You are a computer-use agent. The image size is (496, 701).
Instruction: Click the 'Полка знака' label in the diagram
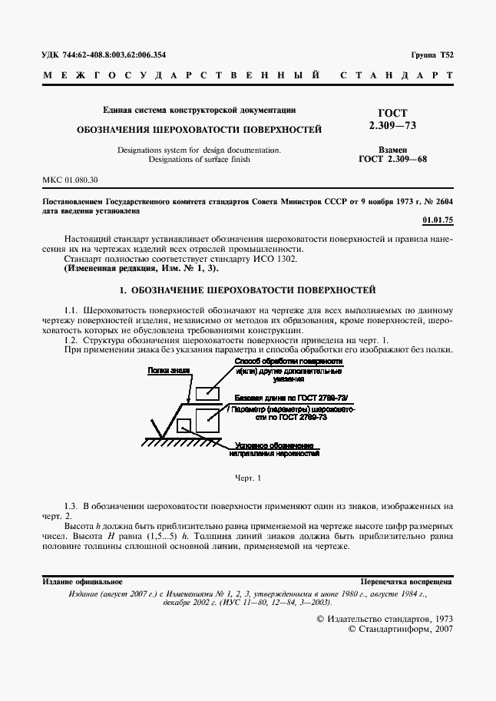click(x=170, y=371)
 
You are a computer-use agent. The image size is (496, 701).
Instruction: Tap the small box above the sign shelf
click(x=207, y=393)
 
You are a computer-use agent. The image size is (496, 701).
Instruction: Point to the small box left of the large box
click(x=184, y=425)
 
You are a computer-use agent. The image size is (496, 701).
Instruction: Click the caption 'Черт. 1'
click(x=248, y=478)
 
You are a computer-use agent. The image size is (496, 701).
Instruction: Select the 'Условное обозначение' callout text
click(x=274, y=445)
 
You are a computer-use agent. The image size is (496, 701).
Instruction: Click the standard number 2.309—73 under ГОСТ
click(x=393, y=124)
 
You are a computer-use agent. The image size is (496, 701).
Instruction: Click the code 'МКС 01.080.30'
click(x=70, y=180)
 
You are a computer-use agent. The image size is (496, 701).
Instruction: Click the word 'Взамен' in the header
click(x=392, y=150)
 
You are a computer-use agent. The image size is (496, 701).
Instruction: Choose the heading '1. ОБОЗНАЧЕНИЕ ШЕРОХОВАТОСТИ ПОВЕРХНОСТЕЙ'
click(x=248, y=291)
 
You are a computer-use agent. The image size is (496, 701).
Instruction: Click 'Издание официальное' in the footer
click(x=82, y=582)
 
